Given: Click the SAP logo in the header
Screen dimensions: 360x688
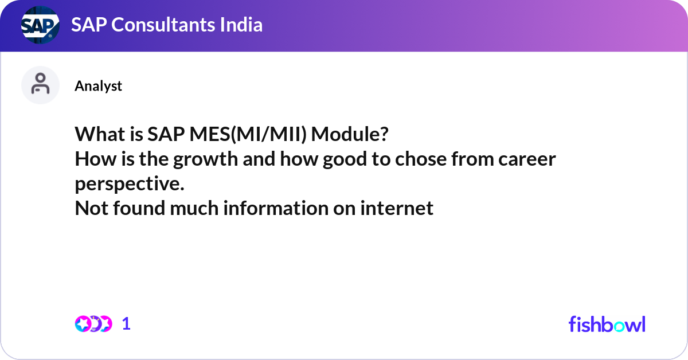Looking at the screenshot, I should click(40, 26).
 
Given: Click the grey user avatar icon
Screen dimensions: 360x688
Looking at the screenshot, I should click(40, 85).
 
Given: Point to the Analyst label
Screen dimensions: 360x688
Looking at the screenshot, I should click(98, 86).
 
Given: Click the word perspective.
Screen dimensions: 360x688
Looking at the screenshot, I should click(130, 183).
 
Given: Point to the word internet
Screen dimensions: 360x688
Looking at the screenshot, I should click(397, 208).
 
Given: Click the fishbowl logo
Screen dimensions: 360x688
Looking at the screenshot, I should click(607, 324).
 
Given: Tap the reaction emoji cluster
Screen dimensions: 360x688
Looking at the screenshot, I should click(93, 324).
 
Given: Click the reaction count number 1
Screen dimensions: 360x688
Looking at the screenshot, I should click(126, 324).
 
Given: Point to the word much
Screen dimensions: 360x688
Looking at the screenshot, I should click(196, 208).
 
